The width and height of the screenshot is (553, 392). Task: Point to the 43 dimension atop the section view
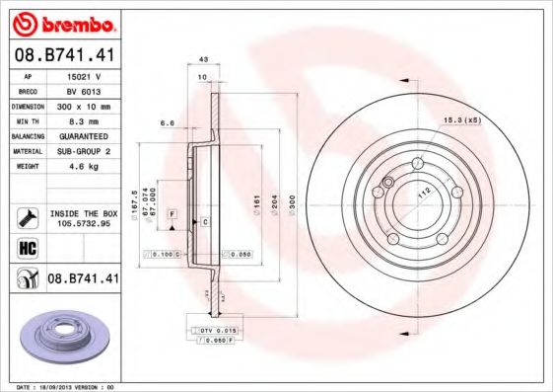tap(203, 59)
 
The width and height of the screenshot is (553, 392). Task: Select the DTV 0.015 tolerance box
tap(214, 329)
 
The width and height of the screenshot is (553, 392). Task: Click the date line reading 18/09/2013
tap(67, 386)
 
